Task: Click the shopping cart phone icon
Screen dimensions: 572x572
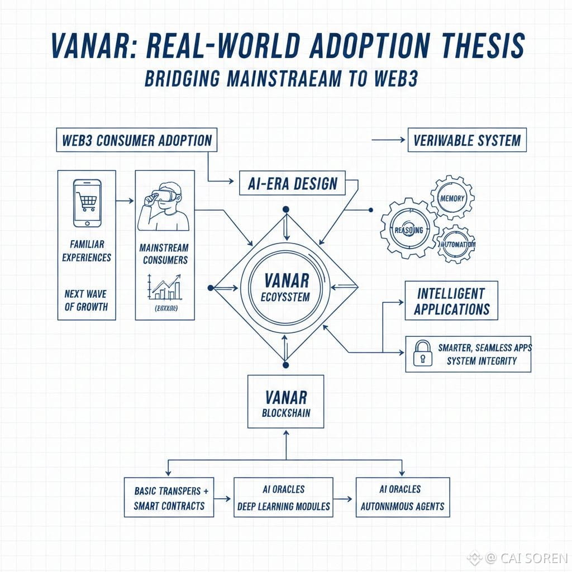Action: tap(87, 203)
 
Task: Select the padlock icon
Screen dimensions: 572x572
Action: tap(422, 354)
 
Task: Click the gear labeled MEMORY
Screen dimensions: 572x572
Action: tap(452, 198)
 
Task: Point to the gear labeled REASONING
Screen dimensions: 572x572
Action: tap(408, 230)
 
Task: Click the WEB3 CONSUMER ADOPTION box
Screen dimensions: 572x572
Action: tap(137, 140)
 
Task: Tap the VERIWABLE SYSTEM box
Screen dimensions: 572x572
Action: tap(467, 140)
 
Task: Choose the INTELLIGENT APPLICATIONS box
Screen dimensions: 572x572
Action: tap(451, 301)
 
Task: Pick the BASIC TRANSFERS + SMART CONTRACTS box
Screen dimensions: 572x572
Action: tap(169, 497)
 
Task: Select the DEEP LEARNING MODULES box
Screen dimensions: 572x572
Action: tap(283, 497)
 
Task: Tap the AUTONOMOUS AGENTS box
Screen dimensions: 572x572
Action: tap(402, 497)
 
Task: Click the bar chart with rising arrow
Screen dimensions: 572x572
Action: tap(164, 287)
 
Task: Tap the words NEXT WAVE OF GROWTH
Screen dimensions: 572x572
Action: tap(86, 300)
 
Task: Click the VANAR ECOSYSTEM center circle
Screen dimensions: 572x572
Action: tap(285, 287)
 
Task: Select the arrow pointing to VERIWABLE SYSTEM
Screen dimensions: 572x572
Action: tap(388, 140)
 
